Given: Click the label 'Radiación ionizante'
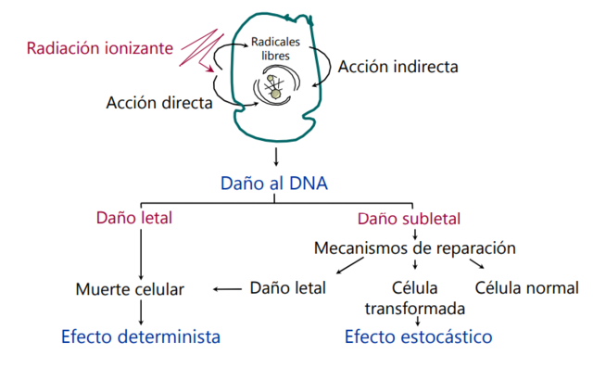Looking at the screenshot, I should (100, 47).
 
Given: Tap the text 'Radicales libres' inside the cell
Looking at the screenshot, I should (274, 48).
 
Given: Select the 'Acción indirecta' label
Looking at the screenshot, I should (397, 67).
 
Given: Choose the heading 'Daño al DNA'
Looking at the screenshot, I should (274, 183).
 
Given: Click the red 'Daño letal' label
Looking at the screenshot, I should (134, 219).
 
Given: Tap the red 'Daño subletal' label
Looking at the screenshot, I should (410, 219).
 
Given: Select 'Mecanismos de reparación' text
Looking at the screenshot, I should (414, 248).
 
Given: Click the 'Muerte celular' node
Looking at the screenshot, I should (130, 289).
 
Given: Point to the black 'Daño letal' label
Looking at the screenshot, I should (288, 287).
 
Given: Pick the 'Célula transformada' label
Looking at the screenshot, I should (414, 298).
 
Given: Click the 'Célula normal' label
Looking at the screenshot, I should (526, 287).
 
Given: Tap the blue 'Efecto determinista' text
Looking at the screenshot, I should (141, 336).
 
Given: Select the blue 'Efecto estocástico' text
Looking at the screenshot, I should (418, 336).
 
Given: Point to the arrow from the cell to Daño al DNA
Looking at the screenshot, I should (274, 156).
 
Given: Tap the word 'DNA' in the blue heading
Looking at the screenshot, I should (307, 183).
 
